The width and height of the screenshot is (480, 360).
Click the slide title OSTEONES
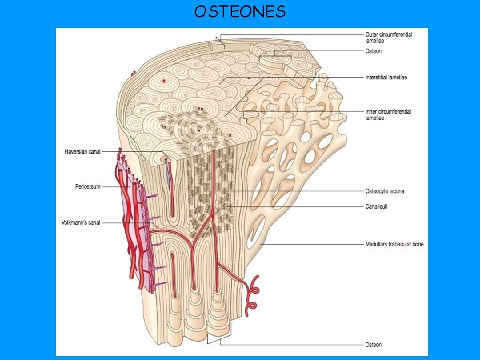[240, 11]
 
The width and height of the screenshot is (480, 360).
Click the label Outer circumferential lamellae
[387, 37]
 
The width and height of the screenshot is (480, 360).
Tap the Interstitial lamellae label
[387, 77]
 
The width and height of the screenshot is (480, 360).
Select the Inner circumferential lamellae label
[388, 114]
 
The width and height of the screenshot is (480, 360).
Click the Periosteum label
[88, 187]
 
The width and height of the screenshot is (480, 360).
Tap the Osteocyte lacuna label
[385, 191]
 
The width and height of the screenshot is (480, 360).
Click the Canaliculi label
[377, 206]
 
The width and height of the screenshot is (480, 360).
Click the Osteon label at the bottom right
[373, 344]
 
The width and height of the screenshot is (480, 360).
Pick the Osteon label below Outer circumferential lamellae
[373, 51]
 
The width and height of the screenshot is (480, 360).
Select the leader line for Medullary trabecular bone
[320, 244]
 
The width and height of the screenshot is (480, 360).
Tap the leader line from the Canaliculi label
[300, 206]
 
